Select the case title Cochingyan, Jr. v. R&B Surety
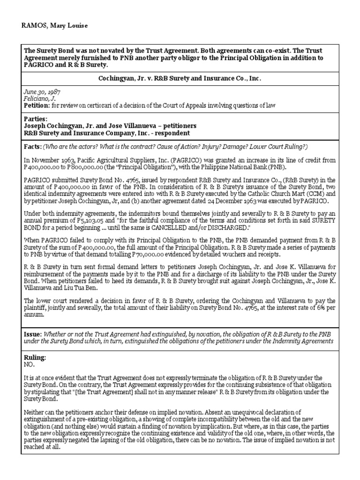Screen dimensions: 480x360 (x=180, y=78)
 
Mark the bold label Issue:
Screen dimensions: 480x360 (x=32, y=334)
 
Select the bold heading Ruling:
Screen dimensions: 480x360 (x=35, y=357)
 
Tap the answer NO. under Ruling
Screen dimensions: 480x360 (x=29, y=364)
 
